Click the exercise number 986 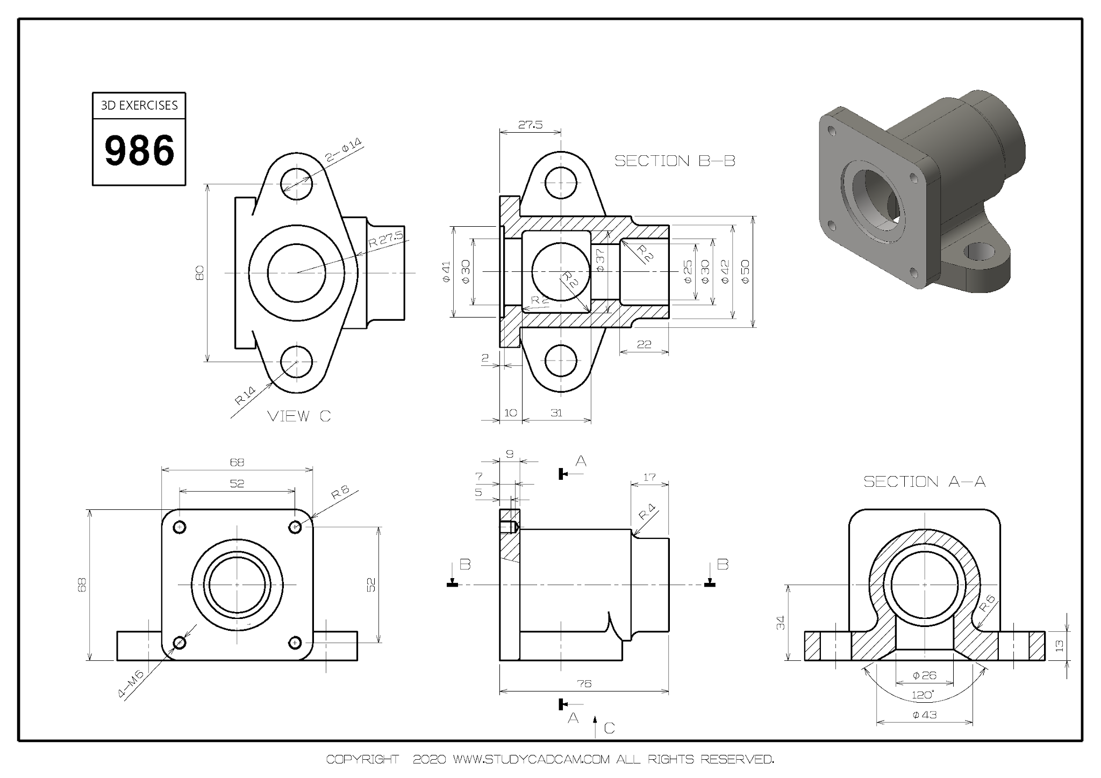coord(139,151)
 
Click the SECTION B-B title coord(675,161)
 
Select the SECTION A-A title coord(925,481)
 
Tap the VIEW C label coord(299,416)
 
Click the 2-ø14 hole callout coord(344,151)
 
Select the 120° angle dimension coord(923,695)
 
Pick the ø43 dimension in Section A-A coord(925,715)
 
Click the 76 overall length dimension coord(584,683)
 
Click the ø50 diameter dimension coord(745,271)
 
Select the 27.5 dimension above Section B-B coord(530,125)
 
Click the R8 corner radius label coord(340,493)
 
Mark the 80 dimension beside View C coord(199,272)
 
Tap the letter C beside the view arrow coord(609,728)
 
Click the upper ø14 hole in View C coord(296,183)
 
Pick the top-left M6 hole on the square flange coord(180,527)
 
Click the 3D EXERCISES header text coord(139,105)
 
